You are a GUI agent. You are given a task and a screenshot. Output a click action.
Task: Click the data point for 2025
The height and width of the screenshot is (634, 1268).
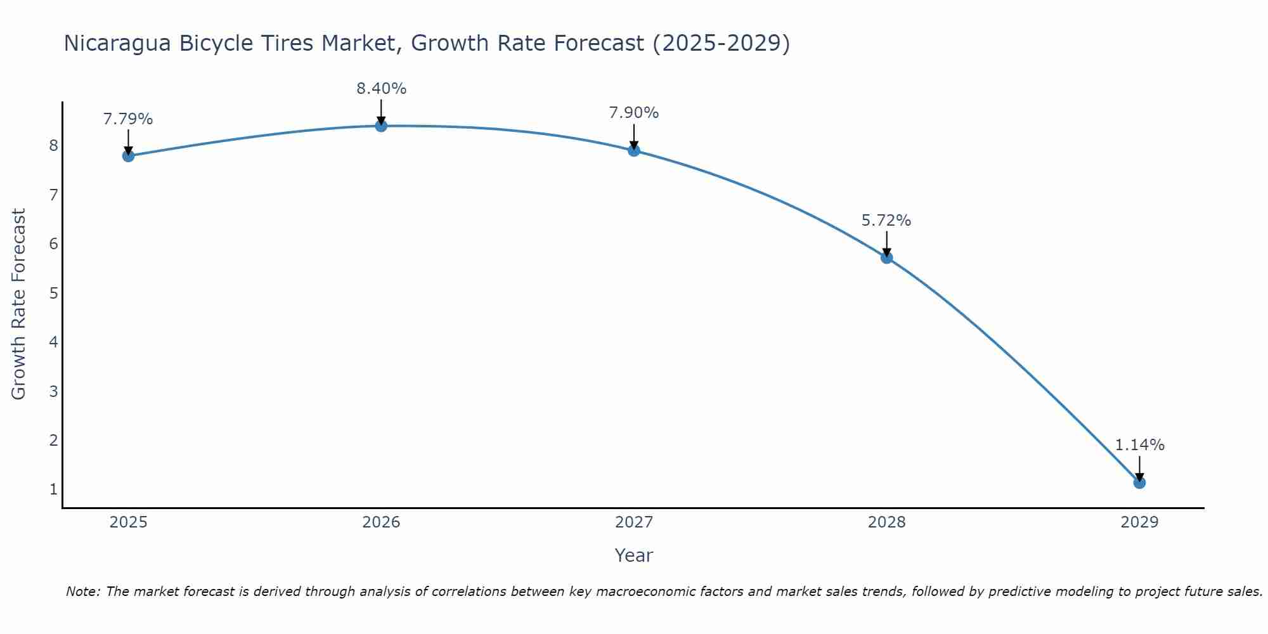(x=128, y=155)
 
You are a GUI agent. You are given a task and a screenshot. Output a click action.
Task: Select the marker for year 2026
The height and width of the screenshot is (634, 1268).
(x=381, y=126)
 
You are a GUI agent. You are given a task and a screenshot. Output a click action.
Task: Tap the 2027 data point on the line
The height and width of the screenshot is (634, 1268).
(x=634, y=150)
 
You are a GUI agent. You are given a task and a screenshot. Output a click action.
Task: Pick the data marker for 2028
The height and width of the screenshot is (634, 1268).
(x=886, y=257)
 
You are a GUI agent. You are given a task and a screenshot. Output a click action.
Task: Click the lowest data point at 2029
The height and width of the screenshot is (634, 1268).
(x=1139, y=482)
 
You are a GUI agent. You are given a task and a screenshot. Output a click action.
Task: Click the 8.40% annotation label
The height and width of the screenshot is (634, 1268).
(x=381, y=89)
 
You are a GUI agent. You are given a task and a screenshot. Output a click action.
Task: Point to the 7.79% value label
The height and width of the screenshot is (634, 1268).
(x=128, y=119)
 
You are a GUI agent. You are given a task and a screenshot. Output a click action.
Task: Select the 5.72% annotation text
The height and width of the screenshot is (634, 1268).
(x=886, y=221)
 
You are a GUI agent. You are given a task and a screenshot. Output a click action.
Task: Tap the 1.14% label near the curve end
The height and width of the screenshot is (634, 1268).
(x=1139, y=445)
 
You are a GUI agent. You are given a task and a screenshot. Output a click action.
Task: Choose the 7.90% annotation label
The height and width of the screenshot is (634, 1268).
(x=634, y=113)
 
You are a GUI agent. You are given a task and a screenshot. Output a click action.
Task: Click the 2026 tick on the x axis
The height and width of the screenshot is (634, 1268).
(x=381, y=522)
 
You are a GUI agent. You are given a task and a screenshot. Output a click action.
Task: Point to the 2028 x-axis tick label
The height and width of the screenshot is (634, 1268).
(x=886, y=522)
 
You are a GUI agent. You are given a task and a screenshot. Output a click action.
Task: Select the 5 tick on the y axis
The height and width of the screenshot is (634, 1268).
(x=53, y=293)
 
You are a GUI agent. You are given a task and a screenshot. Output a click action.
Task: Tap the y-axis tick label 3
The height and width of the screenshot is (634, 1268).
(x=53, y=391)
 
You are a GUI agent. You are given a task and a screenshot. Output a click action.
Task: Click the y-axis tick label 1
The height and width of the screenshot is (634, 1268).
(x=53, y=489)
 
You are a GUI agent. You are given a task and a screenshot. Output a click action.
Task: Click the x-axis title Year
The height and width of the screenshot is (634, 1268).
(x=633, y=555)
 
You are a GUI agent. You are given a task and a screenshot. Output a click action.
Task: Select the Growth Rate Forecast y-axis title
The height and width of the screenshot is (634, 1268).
(x=19, y=304)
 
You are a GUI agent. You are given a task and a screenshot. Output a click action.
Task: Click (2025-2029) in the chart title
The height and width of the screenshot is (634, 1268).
(x=721, y=43)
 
